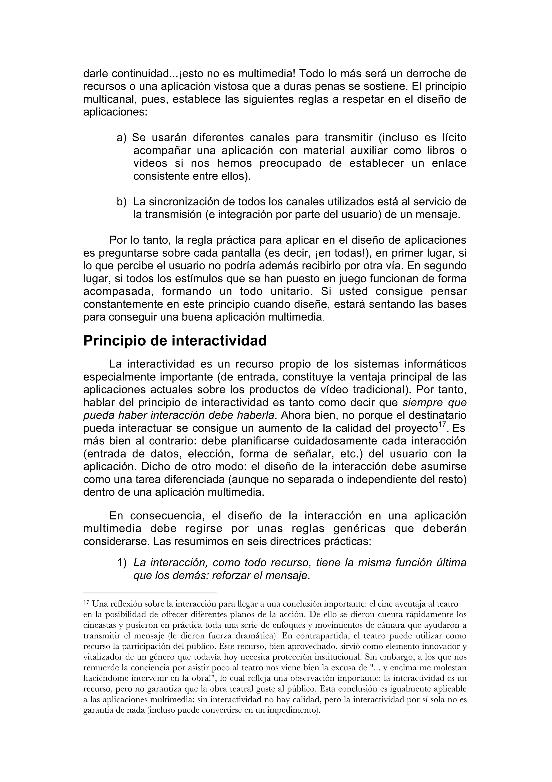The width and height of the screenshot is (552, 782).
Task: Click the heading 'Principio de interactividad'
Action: tap(175, 341)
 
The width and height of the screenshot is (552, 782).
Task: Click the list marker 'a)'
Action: tap(121, 138)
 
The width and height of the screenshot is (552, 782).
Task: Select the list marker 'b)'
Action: tap(121, 202)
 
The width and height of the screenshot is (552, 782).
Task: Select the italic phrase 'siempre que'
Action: tap(434, 403)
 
